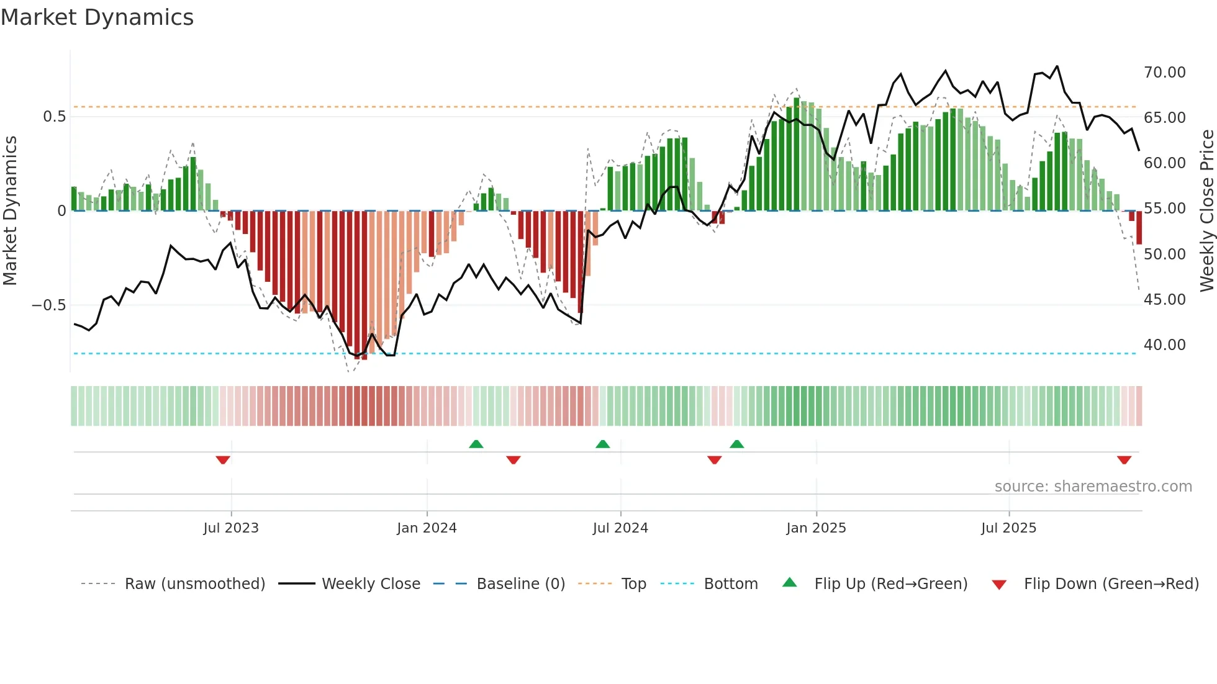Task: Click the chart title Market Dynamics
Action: (x=97, y=17)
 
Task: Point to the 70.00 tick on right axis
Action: (x=1164, y=73)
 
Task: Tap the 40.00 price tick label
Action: (x=1164, y=345)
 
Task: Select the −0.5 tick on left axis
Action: (x=48, y=305)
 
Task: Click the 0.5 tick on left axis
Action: (x=54, y=117)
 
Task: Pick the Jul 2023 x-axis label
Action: (x=231, y=528)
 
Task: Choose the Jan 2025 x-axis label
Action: (x=816, y=528)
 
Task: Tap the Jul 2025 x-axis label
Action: (x=1008, y=528)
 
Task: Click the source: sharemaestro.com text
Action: (x=1093, y=487)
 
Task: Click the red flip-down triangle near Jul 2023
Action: (x=223, y=460)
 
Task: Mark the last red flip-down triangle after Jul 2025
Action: (x=1124, y=460)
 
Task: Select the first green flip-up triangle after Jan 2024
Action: (x=476, y=444)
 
